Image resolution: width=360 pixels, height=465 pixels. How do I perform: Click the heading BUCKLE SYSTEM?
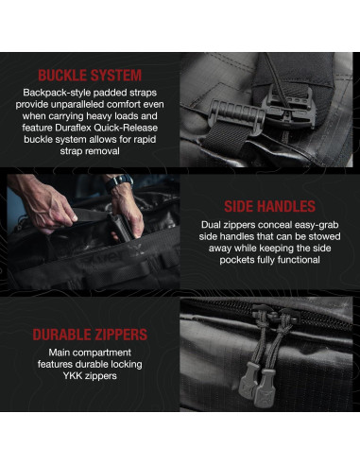pyautogui.click(x=90, y=74)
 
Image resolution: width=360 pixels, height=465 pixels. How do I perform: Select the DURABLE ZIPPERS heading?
pyautogui.click(x=90, y=335)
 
